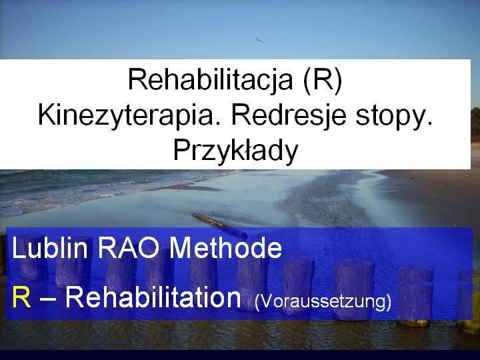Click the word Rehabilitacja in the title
coord(210,79)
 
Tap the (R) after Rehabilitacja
coord(323,80)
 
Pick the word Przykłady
coord(235,151)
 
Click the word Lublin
coord(50,247)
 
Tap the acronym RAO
coord(129,247)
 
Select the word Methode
coord(225,247)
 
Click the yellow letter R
coord(21,297)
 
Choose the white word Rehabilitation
coord(153,297)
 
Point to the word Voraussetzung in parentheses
coord(323,302)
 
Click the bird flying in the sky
coord(259,39)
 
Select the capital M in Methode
coord(181,247)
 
